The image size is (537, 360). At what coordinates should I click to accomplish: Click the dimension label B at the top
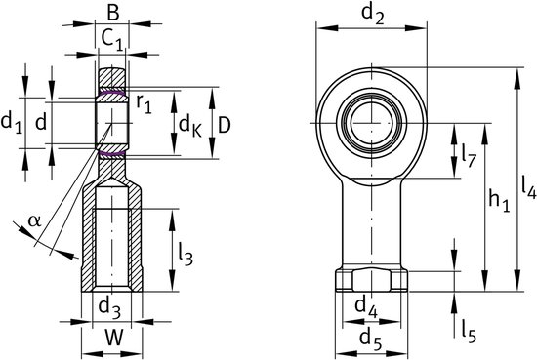click(112, 14)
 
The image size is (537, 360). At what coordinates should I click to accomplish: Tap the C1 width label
click(112, 40)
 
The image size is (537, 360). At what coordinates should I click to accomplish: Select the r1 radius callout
click(144, 103)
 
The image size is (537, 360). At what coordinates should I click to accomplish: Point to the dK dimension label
click(190, 126)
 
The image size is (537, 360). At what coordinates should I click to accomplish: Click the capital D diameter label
click(225, 125)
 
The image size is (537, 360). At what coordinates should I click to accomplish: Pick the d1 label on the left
click(12, 123)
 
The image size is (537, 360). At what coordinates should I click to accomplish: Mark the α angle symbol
click(34, 221)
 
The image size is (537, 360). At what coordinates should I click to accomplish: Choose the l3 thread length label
click(186, 255)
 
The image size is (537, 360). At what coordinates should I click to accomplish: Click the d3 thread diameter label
click(109, 307)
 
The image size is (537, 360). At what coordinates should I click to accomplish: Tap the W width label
click(113, 339)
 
